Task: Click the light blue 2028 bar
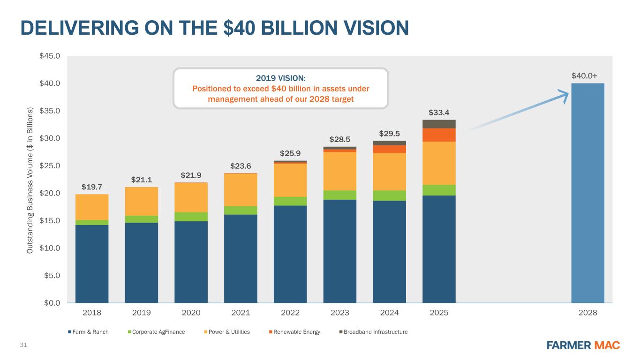pyautogui.click(x=587, y=193)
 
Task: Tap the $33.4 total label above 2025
pyautogui.click(x=439, y=112)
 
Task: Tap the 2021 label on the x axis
pyautogui.click(x=241, y=313)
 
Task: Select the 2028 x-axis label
pyautogui.click(x=587, y=313)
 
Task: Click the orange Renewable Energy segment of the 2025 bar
pyautogui.click(x=439, y=135)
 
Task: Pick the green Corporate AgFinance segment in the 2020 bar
pyautogui.click(x=191, y=217)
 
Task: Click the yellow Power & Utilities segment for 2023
pyautogui.click(x=339, y=171)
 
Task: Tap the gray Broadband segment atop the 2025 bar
pyautogui.click(x=439, y=124)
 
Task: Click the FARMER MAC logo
pyautogui.click(x=583, y=345)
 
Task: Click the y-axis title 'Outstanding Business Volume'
pyautogui.click(x=30, y=180)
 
